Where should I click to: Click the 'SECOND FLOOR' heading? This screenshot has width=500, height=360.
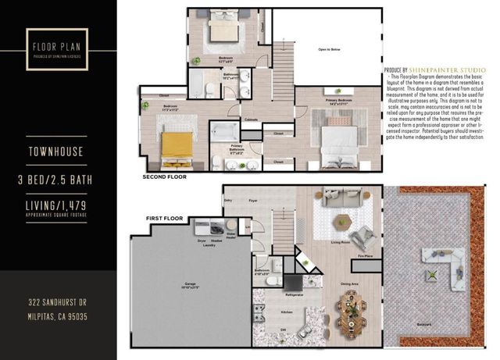coord(165,177)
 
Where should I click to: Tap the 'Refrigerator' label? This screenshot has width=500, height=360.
coord(295,295)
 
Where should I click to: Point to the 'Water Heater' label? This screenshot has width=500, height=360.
coord(231,233)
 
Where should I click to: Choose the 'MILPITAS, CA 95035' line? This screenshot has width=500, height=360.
coord(59,317)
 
